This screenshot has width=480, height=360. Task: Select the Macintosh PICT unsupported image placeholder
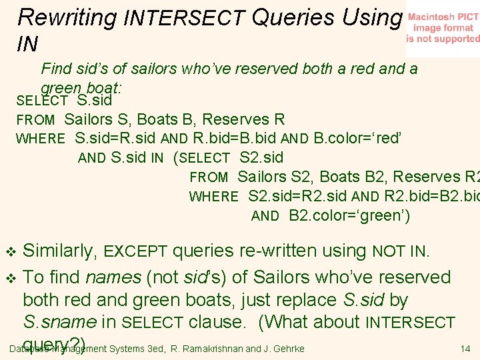point(443,29)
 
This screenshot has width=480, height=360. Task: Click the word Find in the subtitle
point(57,69)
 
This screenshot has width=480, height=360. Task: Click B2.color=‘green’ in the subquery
point(349,215)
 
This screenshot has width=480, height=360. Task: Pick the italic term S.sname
point(60,322)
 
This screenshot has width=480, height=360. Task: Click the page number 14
point(465,349)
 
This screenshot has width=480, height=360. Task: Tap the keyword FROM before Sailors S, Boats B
point(35,120)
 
